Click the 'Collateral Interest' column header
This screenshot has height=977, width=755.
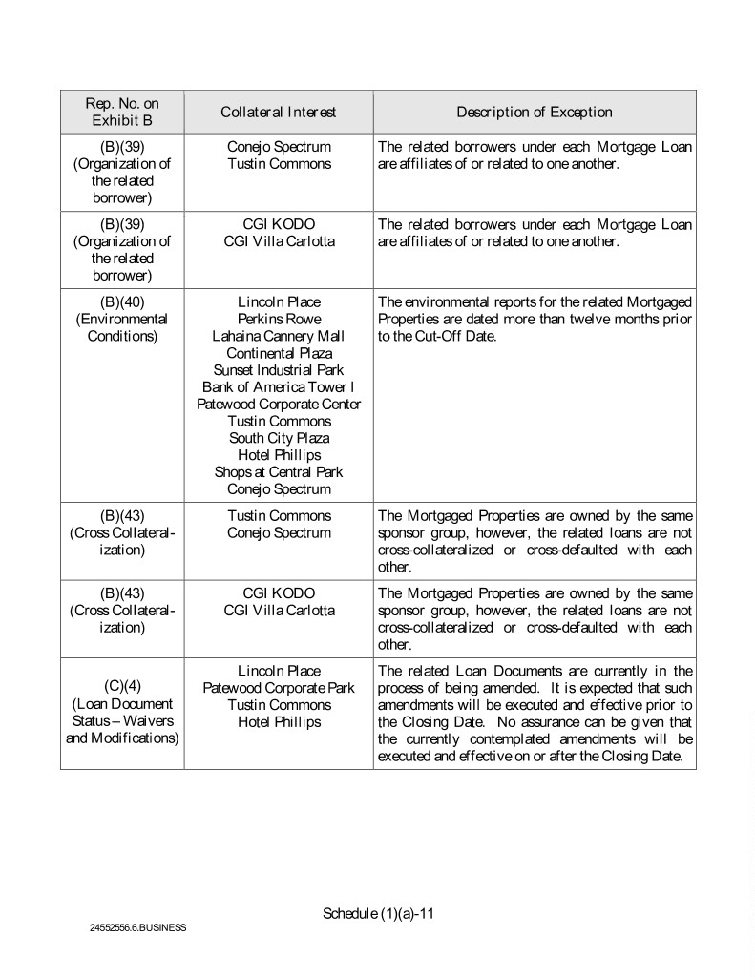[x=278, y=113]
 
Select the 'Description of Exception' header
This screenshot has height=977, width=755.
[x=534, y=113]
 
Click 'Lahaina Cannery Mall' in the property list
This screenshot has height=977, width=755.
[x=279, y=336]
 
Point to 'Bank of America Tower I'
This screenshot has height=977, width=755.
[x=279, y=386]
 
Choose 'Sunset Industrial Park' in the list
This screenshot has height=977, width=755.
[x=279, y=369]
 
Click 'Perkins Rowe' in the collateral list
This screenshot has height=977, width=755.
[x=279, y=319]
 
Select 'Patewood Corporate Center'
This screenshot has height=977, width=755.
[x=279, y=404]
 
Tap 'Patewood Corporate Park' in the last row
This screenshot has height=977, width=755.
[x=279, y=688]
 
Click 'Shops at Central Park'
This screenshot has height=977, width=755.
[x=279, y=472]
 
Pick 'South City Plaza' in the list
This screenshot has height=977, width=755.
[x=279, y=438]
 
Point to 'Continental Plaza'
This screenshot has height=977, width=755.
[x=279, y=353]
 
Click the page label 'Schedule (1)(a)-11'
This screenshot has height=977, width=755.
[x=379, y=913]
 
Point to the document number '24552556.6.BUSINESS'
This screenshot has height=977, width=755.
[x=139, y=927]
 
